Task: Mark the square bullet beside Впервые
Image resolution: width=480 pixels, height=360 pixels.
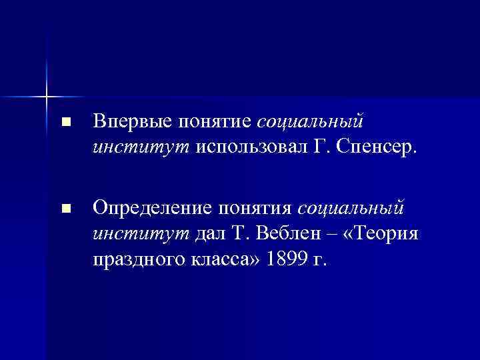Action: (64, 123)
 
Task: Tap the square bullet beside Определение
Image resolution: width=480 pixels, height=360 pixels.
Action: (64, 209)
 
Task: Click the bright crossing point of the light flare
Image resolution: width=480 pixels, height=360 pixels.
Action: (47, 96)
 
